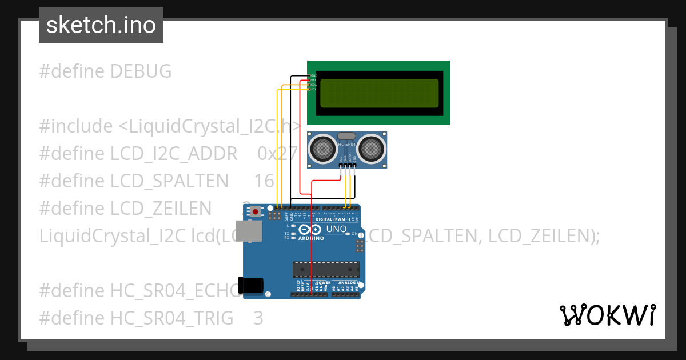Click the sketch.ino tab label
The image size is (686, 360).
(x=101, y=25)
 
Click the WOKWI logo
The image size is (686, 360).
(x=607, y=315)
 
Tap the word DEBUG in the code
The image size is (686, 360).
(x=141, y=71)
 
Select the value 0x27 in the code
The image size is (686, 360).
(x=278, y=154)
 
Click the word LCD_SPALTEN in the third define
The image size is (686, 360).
(x=169, y=181)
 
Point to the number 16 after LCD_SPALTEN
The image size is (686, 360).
(x=264, y=181)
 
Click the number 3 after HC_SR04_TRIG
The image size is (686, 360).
(x=258, y=318)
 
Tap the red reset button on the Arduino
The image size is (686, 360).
(x=256, y=212)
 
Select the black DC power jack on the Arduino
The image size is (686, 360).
(x=252, y=285)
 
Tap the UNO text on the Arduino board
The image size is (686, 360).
(x=336, y=229)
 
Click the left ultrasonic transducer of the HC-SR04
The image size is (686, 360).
(x=322, y=149)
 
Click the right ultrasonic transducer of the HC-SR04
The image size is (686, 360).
(x=372, y=149)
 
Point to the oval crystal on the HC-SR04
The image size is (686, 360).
(x=346, y=136)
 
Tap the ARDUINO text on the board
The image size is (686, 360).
(x=311, y=238)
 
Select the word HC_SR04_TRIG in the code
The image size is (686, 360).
(x=171, y=318)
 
